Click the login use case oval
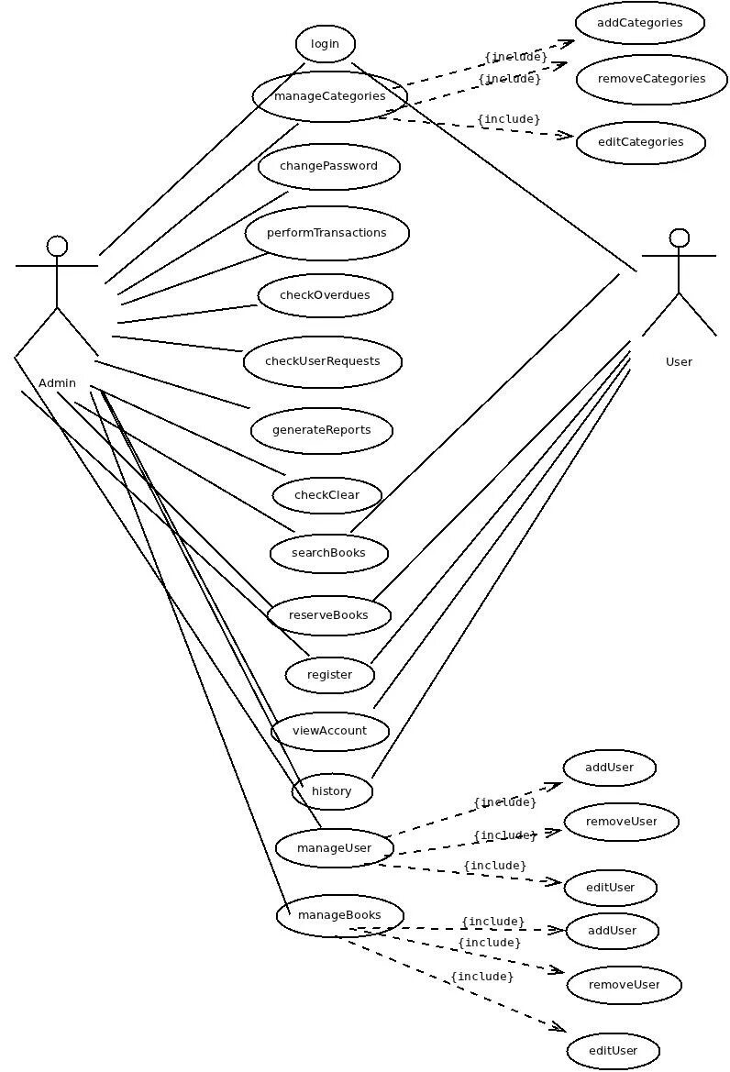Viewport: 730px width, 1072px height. pos(325,43)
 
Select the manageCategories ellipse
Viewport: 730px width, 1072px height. pos(329,95)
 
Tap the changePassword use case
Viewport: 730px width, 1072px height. pos(328,166)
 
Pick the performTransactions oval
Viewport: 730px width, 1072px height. pos(326,233)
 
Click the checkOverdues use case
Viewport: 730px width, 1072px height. pos(325,295)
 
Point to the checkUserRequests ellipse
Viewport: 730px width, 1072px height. pos(323,360)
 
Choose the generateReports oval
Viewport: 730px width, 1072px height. pos(322,430)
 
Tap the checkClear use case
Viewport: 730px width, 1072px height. pos(326,495)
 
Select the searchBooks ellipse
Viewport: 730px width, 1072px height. pos(328,553)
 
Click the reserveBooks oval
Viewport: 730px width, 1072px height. pos(328,614)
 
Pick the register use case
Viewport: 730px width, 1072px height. pos(329,675)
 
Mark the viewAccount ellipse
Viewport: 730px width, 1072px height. pos(329,731)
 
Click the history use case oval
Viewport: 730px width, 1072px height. pos(332,791)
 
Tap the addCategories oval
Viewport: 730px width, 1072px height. pos(639,23)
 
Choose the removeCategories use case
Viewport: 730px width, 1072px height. pos(651,79)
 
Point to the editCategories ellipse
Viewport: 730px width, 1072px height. pos(640,142)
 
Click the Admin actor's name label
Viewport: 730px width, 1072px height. pos(57,383)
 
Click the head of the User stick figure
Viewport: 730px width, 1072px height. pos(679,238)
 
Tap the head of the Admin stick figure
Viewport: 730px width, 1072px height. pos(57,246)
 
